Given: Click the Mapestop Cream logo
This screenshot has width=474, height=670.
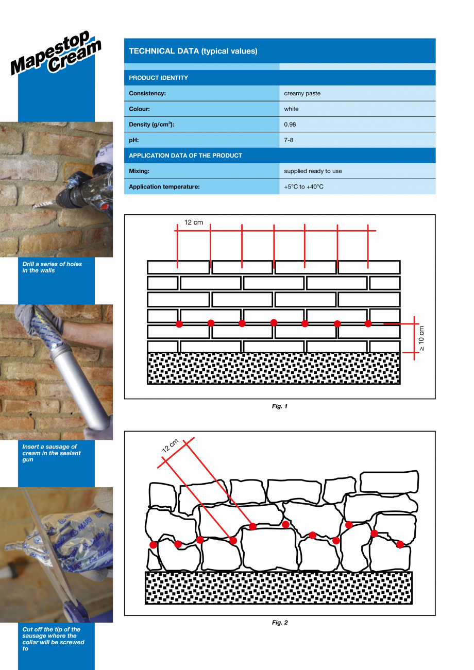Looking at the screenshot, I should coord(56,54).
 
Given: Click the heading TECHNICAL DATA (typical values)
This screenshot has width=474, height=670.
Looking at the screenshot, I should coord(193,51).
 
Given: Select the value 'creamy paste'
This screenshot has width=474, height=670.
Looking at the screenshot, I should coord(302,93).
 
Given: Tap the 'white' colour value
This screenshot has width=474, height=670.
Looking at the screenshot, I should coord(291,109).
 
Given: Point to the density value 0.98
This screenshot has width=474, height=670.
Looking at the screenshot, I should coord(290,125).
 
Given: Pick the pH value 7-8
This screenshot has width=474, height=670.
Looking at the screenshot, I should coord(289,140).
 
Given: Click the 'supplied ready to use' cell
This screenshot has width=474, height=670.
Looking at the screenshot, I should coord(313,171).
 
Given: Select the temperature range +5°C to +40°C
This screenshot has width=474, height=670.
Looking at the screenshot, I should coord(303,186).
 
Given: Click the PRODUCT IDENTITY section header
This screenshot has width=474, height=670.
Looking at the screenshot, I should coord(158,78).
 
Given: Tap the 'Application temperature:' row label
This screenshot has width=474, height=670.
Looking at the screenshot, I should coord(164,186).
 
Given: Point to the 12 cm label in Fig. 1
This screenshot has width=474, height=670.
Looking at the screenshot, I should coord(194,222).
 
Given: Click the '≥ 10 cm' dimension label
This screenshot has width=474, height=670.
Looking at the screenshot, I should coord(421,338).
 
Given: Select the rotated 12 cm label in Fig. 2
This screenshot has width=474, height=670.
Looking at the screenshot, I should coord(170,445).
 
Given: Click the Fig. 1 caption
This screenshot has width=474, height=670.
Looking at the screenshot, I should coord(280,406).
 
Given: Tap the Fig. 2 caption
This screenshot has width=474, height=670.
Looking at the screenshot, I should coord(280,623).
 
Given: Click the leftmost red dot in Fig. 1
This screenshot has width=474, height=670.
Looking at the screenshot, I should coord(179,323).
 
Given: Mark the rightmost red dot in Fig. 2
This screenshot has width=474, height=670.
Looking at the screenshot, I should coord(400,544).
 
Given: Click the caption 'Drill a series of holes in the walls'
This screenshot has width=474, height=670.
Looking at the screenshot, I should coord(52,267).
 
